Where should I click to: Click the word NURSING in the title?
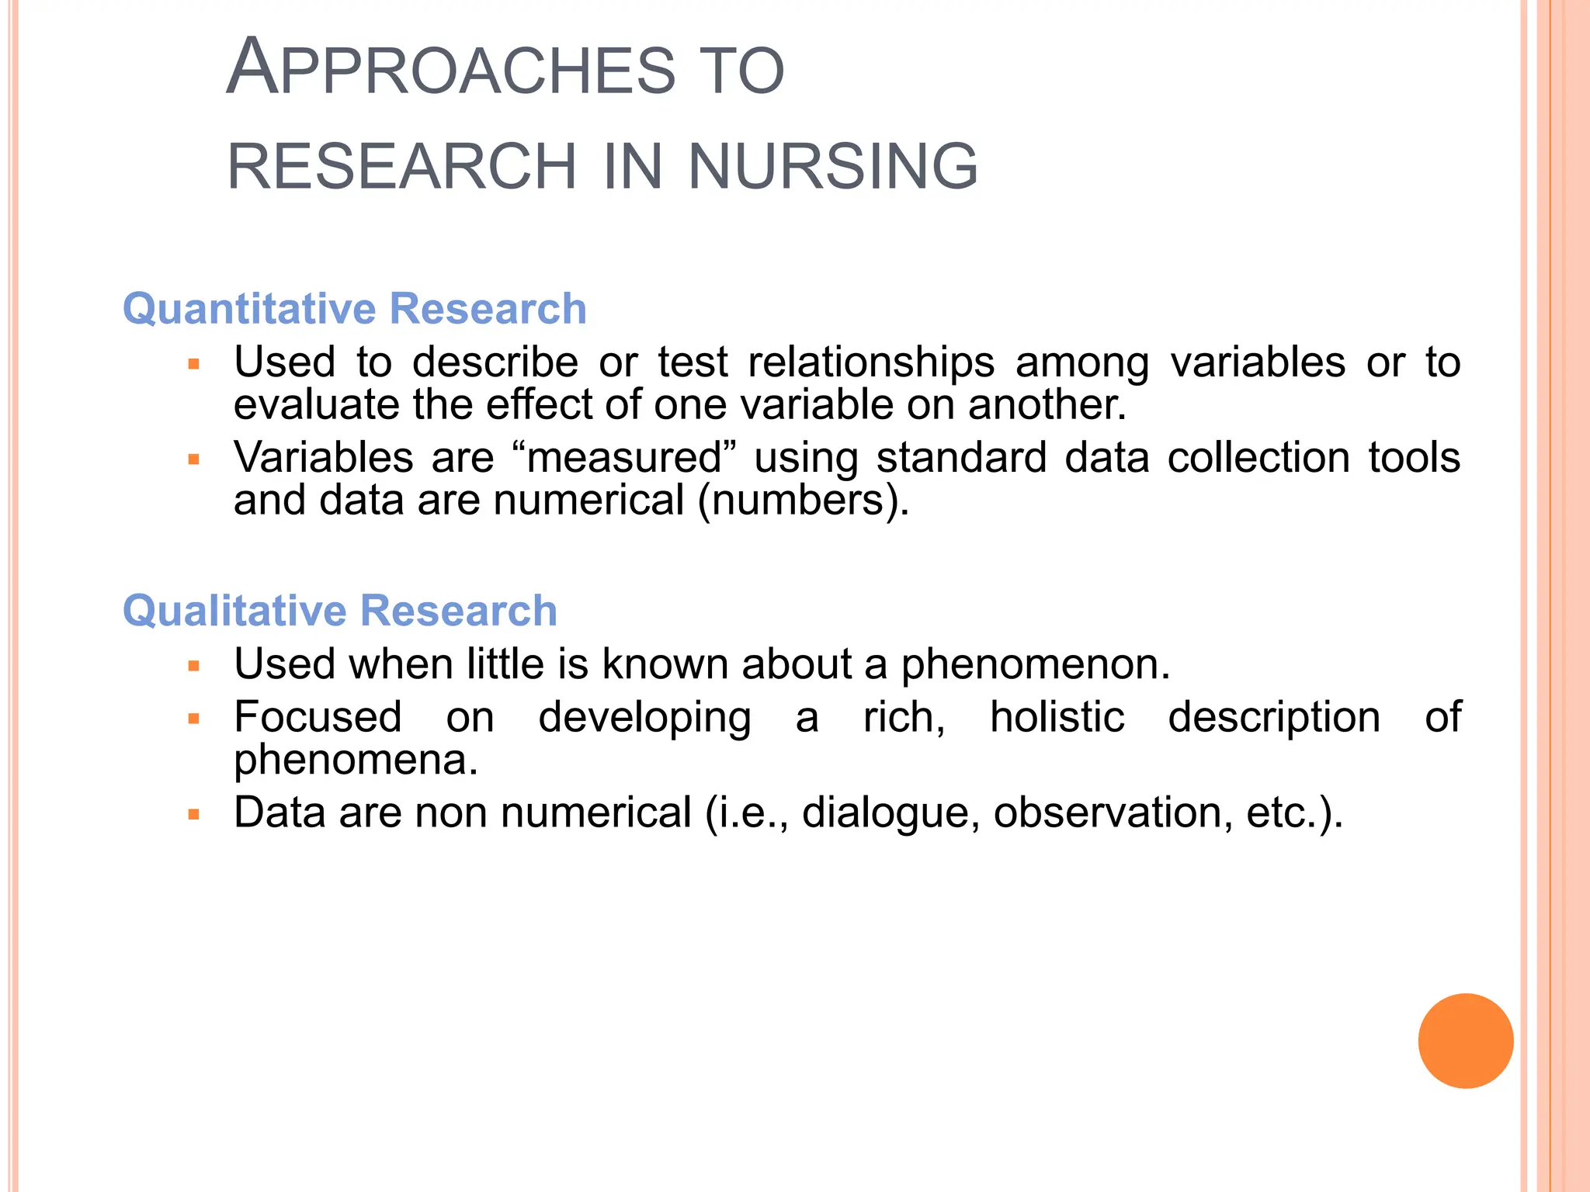click(833, 166)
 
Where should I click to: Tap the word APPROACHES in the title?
click(450, 70)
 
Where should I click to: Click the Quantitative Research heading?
click(354, 309)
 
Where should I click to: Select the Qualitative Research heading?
click(340, 610)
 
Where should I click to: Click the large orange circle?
click(1465, 1041)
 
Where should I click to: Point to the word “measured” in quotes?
click(624, 457)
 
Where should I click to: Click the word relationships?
click(870, 362)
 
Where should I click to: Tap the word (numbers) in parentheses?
click(803, 501)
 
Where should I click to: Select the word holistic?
click(1057, 716)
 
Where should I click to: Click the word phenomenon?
click(1035, 665)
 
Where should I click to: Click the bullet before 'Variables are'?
click(194, 459)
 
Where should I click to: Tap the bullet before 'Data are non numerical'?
click(194, 815)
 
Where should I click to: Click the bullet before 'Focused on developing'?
click(194, 719)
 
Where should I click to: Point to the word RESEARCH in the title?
click(402, 166)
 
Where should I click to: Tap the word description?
click(1274, 716)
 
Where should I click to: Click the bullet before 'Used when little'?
click(194, 666)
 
